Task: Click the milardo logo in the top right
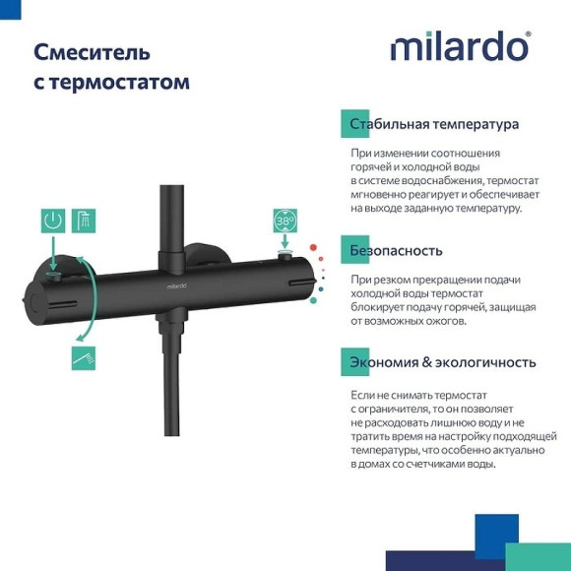460,47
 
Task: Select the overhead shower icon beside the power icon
86,221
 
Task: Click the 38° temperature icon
285,222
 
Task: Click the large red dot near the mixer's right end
313,248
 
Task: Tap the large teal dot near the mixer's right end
317,288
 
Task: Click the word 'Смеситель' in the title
93,51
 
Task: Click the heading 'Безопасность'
396,250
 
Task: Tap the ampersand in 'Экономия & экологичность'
427,362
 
